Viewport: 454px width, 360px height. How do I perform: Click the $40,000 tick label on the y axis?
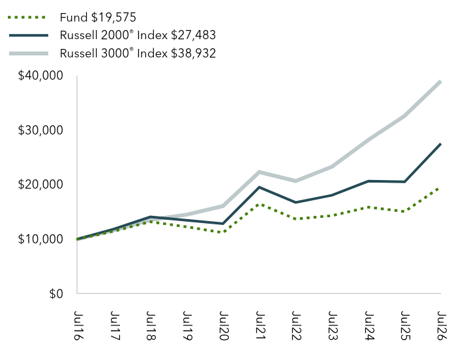pos(40,76)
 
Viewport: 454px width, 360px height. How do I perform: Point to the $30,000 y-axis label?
pos(40,130)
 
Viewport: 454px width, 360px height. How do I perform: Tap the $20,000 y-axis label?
pos(40,185)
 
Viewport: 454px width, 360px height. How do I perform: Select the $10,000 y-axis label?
pos(40,239)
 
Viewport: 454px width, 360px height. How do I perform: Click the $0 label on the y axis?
pos(56,293)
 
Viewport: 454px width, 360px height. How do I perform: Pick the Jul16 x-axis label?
pos(78,325)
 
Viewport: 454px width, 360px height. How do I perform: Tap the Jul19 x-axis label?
pos(187,325)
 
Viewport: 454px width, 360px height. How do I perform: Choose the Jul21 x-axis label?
pos(260,325)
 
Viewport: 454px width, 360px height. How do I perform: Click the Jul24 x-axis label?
pos(369,325)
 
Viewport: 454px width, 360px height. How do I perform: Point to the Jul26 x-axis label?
pos(441,325)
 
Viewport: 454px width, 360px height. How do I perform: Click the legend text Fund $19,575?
pos(98,18)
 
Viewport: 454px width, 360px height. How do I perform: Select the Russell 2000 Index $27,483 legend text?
pos(138,35)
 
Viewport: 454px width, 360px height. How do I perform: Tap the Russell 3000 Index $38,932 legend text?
pos(138,53)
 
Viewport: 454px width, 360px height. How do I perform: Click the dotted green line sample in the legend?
pos(27,18)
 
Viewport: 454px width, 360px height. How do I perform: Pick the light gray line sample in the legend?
pos(29,53)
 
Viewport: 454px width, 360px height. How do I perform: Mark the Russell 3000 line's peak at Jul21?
pos(259,172)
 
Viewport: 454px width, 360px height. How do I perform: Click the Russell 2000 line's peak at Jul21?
pos(260,187)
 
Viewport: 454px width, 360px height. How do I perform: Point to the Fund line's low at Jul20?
pos(223,232)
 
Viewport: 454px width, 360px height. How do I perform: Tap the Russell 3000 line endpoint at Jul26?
pos(440,82)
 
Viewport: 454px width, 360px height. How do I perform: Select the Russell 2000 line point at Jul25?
pos(404,182)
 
